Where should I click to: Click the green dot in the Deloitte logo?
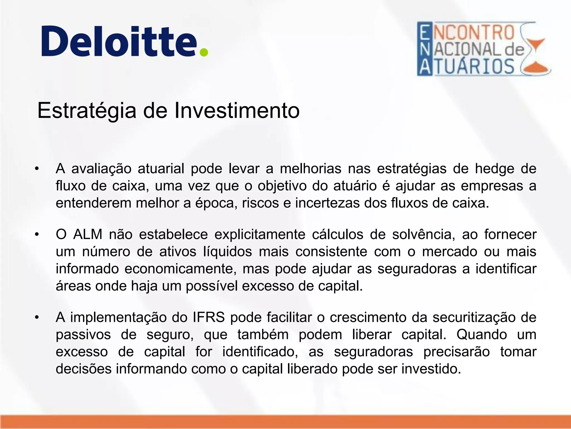tap(204, 52)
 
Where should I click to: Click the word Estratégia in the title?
tap(87, 111)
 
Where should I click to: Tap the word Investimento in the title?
tap(237, 111)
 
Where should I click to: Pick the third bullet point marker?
tap(37, 317)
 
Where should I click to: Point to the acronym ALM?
tap(88, 234)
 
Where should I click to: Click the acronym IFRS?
tap(209, 317)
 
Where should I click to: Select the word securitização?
tap(474, 317)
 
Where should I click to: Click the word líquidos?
tap(228, 252)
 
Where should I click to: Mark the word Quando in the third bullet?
tap(482, 335)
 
